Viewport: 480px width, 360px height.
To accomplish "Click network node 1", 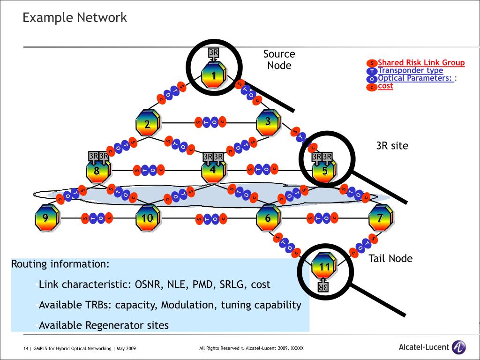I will (x=214, y=75).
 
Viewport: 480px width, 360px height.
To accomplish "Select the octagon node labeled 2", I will (x=148, y=124).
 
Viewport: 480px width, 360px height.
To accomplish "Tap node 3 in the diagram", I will (x=268, y=122).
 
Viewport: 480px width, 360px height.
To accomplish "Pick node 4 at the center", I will (x=213, y=170).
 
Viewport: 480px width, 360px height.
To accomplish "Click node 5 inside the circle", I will (x=325, y=171).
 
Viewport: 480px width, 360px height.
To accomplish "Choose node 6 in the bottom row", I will (x=268, y=218).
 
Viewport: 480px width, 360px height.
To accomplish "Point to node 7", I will (x=380, y=218).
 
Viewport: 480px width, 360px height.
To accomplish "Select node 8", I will (x=97, y=171).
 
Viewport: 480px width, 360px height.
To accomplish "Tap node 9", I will (x=45, y=218).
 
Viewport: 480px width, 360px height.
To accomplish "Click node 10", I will (x=148, y=218).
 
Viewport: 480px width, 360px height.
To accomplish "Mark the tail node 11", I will (x=324, y=267).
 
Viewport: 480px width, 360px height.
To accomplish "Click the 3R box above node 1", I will (x=213, y=52).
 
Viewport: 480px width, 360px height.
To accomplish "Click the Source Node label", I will (x=279, y=60).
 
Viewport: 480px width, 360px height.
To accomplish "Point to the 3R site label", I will (x=392, y=146).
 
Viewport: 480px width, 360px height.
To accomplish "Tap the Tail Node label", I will (x=390, y=258).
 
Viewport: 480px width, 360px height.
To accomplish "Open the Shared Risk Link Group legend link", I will (x=421, y=62).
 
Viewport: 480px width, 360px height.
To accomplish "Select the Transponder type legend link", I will (x=410, y=70).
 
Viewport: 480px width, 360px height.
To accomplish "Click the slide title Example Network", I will (x=75, y=18).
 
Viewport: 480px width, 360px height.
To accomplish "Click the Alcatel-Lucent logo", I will (x=432, y=347).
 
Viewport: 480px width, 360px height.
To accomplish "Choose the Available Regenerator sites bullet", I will (x=104, y=325).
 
